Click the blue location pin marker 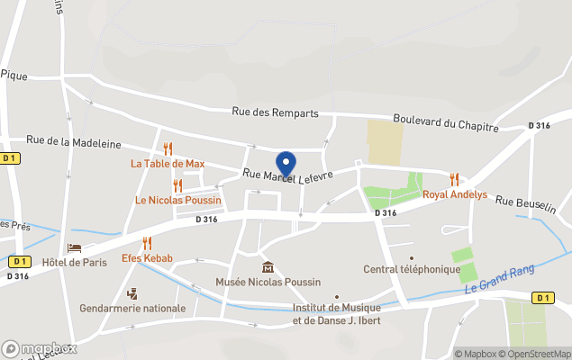coord(286,163)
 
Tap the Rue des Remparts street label coord(275,112)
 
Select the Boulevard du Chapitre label coord(445,122)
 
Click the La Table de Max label coord(168,164)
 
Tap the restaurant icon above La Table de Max coord(168,148)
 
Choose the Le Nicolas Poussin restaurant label coord(177,200)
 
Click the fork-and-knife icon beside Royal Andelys coord(454,179)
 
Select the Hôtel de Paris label coord(75,262)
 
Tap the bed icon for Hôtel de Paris coord(75,247)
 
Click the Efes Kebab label coord(147,258)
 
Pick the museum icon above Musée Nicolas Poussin coord(268,266)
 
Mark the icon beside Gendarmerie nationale coord(132,293)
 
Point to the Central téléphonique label coord(412,268)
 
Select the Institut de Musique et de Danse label coord(336,313)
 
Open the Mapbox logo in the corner coord(40,348)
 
